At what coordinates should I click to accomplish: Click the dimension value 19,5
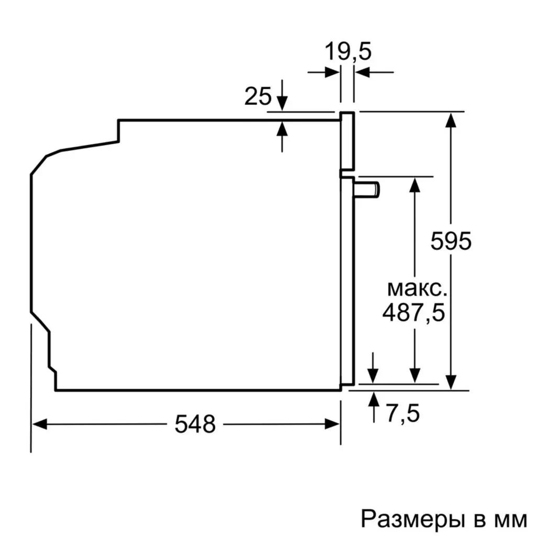(x=348, y=52)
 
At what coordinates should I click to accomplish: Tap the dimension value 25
(x=258, y=97)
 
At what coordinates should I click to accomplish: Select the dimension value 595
(x=451, y=241)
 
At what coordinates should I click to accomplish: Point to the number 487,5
(x=414, y=313)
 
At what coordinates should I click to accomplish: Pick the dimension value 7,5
(x=403, y=414)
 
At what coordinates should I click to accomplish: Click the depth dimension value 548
(x=195, y=424)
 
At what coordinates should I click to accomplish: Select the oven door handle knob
(x=368, y=189)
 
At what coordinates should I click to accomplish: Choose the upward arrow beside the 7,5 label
(x=373, y=399)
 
